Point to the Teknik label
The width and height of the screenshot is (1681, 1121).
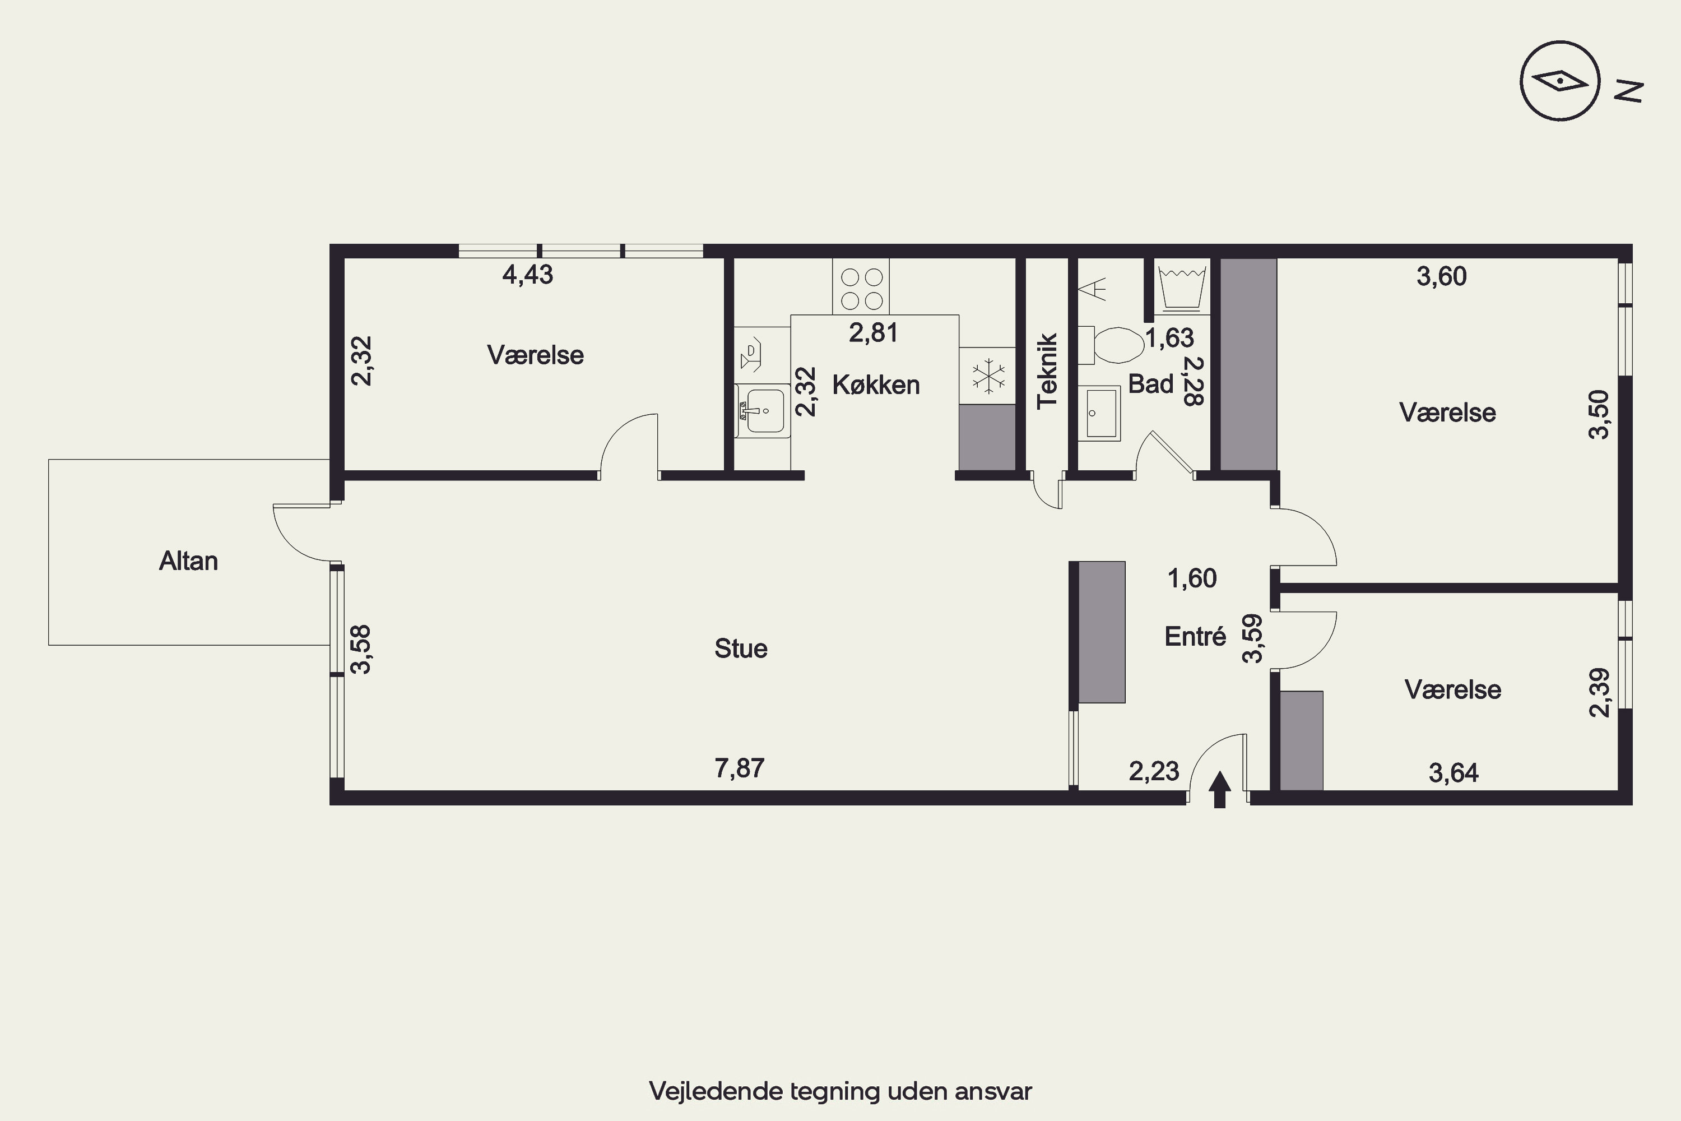pos(1047,371)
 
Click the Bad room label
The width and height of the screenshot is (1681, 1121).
pos(1151,384)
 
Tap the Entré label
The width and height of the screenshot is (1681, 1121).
pos(1195,636)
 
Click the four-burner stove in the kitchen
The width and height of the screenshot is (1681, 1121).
pos(861,286)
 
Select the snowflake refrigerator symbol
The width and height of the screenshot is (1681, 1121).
pos(987,376)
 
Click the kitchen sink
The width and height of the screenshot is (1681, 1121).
pos(763,410)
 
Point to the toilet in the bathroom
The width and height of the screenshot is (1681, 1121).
pos(1111,345)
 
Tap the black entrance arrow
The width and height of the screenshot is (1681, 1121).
pos(1220,789)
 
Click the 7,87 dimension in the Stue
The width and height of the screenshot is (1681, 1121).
pos(740,768)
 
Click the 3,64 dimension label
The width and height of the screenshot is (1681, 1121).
pos(1454,773)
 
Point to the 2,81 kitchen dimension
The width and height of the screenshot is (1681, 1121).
pos(874,332)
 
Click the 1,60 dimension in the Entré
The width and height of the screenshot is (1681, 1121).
pos(1192,578)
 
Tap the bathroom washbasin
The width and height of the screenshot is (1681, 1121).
pos(1099,413)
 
